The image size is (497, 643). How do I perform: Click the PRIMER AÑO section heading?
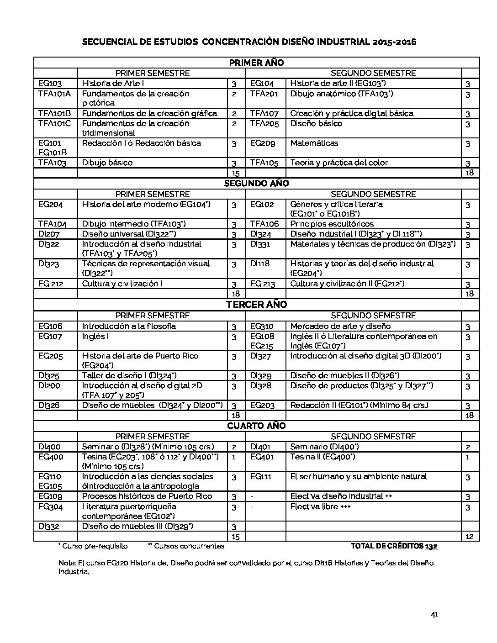[256, 63]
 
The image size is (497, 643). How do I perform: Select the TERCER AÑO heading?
[256, 305]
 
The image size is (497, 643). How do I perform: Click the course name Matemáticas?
[314, 143]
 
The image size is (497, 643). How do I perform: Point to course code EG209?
[263, 143]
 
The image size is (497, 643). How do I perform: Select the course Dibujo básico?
[107, 163]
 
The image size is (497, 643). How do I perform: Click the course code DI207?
[49, 234]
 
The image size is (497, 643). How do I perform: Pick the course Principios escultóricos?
[332, 224]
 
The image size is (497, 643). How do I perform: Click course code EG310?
[262, 326]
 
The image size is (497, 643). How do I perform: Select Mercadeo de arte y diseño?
[340, 326]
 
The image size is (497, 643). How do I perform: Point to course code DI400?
[49, 447]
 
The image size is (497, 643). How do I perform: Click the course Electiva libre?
[320, 506]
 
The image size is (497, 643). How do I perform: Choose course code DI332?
[49, 526]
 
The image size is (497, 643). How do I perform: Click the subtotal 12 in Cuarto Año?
[469, 536]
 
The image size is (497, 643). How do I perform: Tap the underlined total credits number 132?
[431, 546]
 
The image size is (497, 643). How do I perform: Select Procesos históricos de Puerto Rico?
[147, 496]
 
